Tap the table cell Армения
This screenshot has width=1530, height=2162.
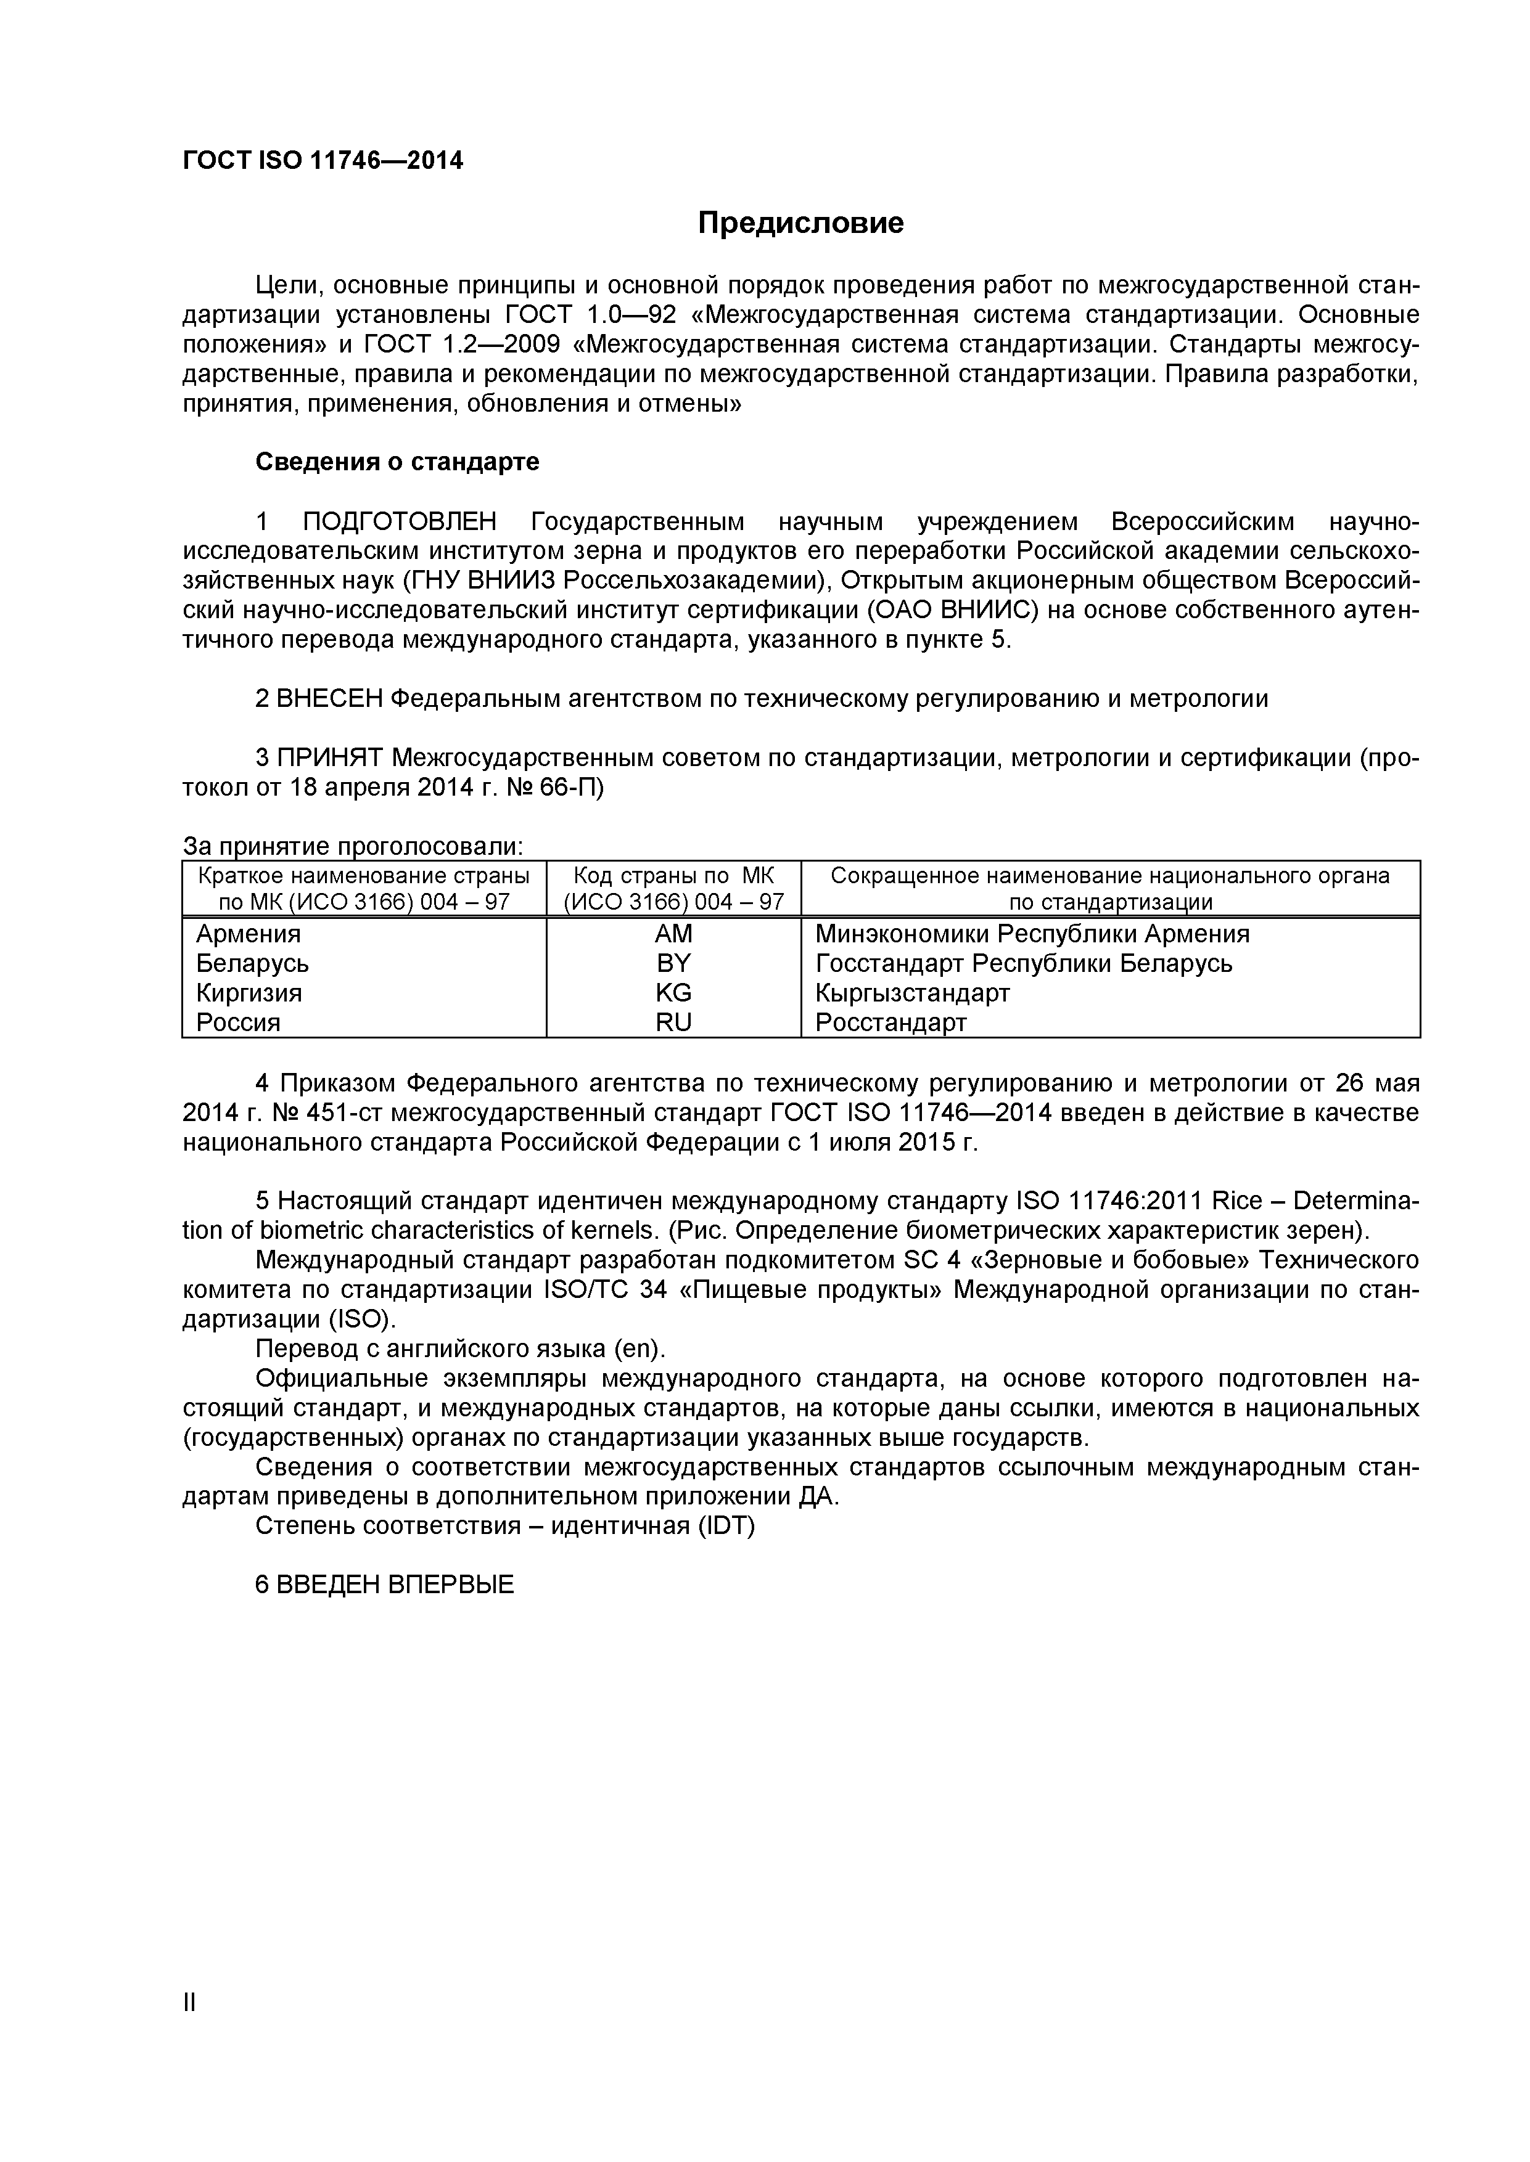249,934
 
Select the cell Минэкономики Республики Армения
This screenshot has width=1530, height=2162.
1032,934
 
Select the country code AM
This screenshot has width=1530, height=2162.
673,934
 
